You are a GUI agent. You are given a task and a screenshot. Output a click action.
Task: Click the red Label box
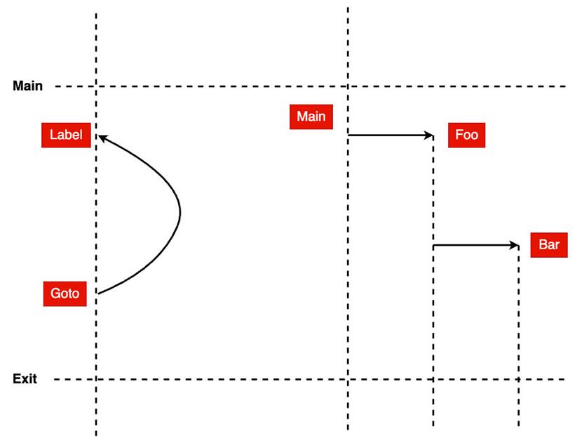66,135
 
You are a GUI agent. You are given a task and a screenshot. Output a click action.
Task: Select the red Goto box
65,294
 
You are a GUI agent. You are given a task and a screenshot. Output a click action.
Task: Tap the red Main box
311,117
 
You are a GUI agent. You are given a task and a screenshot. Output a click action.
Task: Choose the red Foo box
466,135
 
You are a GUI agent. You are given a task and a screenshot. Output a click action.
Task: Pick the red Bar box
549,245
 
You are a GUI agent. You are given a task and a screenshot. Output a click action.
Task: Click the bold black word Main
27,86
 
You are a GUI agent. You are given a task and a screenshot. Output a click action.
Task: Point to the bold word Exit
25,378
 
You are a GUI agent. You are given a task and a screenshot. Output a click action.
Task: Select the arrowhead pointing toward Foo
429,136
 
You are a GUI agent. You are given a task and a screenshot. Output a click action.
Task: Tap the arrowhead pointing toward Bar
514,245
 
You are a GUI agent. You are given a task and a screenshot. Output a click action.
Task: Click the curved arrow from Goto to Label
180,212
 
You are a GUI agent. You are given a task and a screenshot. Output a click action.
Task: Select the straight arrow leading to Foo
391,136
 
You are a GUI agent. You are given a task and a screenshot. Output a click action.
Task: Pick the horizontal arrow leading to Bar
476,245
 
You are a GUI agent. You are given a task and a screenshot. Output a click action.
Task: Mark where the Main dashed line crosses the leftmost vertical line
96,86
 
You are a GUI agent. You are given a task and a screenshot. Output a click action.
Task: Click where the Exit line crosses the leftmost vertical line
96,379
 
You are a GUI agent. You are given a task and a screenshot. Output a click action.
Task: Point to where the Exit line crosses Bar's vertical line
518,379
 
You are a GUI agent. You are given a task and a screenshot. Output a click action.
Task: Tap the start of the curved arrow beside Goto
98,294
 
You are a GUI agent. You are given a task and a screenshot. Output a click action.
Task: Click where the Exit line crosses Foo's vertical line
433,379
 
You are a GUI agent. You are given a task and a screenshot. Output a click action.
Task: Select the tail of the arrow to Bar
433,245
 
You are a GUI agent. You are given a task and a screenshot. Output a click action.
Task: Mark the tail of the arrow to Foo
349,136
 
